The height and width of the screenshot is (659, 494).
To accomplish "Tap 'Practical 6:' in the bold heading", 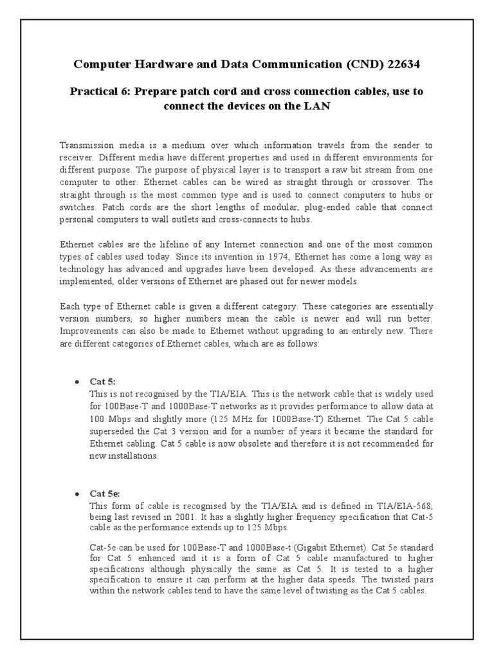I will pos(99,91).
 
